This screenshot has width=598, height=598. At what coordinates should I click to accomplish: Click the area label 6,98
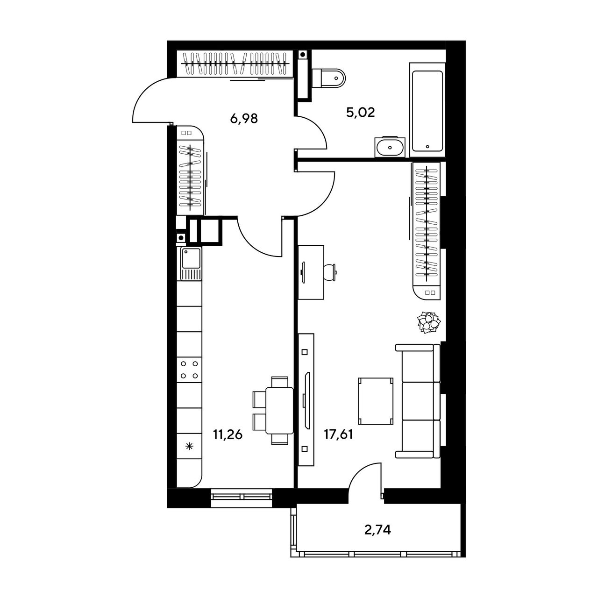pos(244,118)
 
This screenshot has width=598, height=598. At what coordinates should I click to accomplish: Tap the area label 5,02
pos(361,112)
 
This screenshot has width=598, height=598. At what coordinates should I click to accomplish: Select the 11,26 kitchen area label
pos(228,434)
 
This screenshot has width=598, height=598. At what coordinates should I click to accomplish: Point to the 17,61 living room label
pos(339,434)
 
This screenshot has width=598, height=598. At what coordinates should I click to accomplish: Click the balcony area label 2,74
pos(377,530)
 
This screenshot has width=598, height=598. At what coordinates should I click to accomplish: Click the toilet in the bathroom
pos(328,78)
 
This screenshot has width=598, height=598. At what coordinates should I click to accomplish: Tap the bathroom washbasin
pos(390,147)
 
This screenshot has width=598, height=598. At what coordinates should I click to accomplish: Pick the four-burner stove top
pos(189,370)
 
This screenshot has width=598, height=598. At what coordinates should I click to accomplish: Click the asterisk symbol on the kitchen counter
pos(189,447)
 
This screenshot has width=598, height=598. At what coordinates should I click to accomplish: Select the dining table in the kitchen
pos(279,410)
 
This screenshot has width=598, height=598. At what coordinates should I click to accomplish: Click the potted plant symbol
pos(429,322)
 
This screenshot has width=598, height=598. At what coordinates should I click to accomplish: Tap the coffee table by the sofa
pos(376,401)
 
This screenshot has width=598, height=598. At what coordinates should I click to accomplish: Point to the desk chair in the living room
pos(330,272)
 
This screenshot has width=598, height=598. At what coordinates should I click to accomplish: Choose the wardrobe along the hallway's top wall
pos(235,64)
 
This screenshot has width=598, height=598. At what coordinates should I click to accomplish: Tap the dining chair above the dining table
pos(279,382)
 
